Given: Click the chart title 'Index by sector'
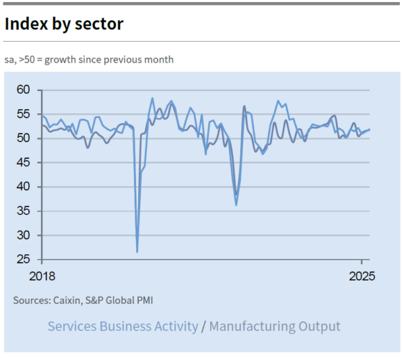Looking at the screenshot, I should click(64, 24).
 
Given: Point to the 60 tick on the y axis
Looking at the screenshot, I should click(24, 90).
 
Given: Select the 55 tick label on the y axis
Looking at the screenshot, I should click(24, 114).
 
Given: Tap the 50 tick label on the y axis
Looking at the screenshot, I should click(24, 138).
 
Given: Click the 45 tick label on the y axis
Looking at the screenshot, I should click(24, 162).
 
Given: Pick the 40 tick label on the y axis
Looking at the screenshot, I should click(24, 187).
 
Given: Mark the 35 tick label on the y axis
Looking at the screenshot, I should click(24, 211).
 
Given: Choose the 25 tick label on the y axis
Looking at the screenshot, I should click(24, 260).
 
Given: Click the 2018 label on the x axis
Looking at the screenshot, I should click(41, 276).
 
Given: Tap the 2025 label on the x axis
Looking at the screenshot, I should click(362, 276).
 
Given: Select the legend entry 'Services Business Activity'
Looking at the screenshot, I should click(123, 326).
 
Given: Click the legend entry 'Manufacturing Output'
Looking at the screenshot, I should click(275, 326).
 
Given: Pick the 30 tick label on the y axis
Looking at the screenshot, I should click(24, 235).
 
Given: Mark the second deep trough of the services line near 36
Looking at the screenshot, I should click(236, 205).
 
